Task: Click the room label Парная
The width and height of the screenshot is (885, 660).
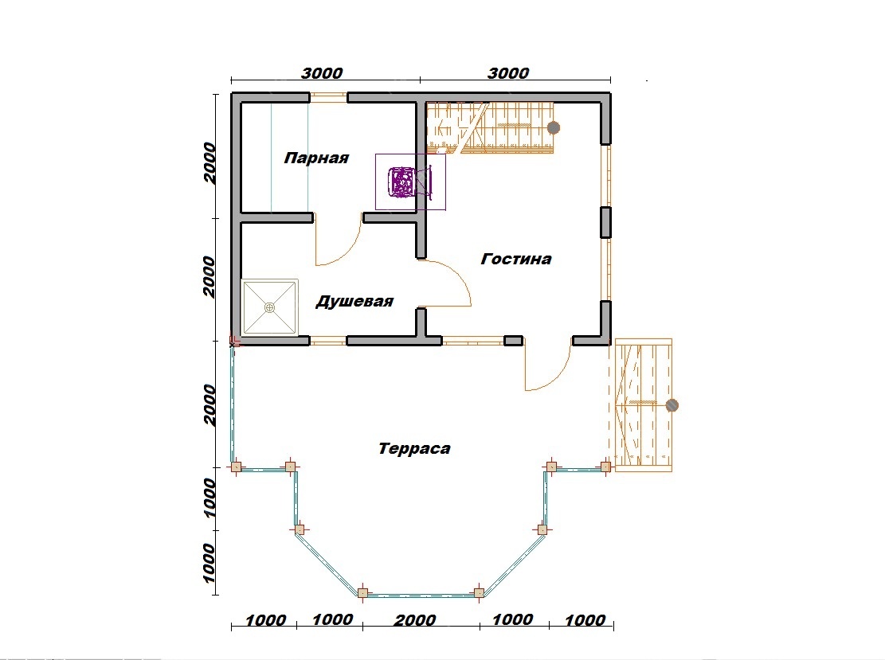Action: point(316,158)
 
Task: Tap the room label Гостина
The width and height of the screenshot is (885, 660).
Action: point(516,259)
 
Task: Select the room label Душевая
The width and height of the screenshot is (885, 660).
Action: point(354,301)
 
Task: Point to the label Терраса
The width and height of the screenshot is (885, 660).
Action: point(414,448)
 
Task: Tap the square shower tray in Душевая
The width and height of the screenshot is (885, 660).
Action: point(270,307)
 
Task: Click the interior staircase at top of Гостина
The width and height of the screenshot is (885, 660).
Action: point(490,128)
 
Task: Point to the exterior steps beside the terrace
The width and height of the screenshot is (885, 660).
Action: point(642,405)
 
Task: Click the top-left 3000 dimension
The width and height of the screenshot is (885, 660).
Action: point(322,73)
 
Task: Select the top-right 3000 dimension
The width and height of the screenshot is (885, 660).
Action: point(508,73)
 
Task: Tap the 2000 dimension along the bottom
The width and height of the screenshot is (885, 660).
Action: point(415,620)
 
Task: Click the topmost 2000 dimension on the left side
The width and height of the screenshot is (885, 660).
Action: point(210,162)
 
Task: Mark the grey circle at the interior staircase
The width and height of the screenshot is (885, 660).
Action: point(554,127)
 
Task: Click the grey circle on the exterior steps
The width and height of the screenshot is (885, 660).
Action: point(672,405)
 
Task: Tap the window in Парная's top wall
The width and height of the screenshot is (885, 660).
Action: point(328,98)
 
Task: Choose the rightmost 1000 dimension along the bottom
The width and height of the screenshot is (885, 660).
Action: point(585,620)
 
